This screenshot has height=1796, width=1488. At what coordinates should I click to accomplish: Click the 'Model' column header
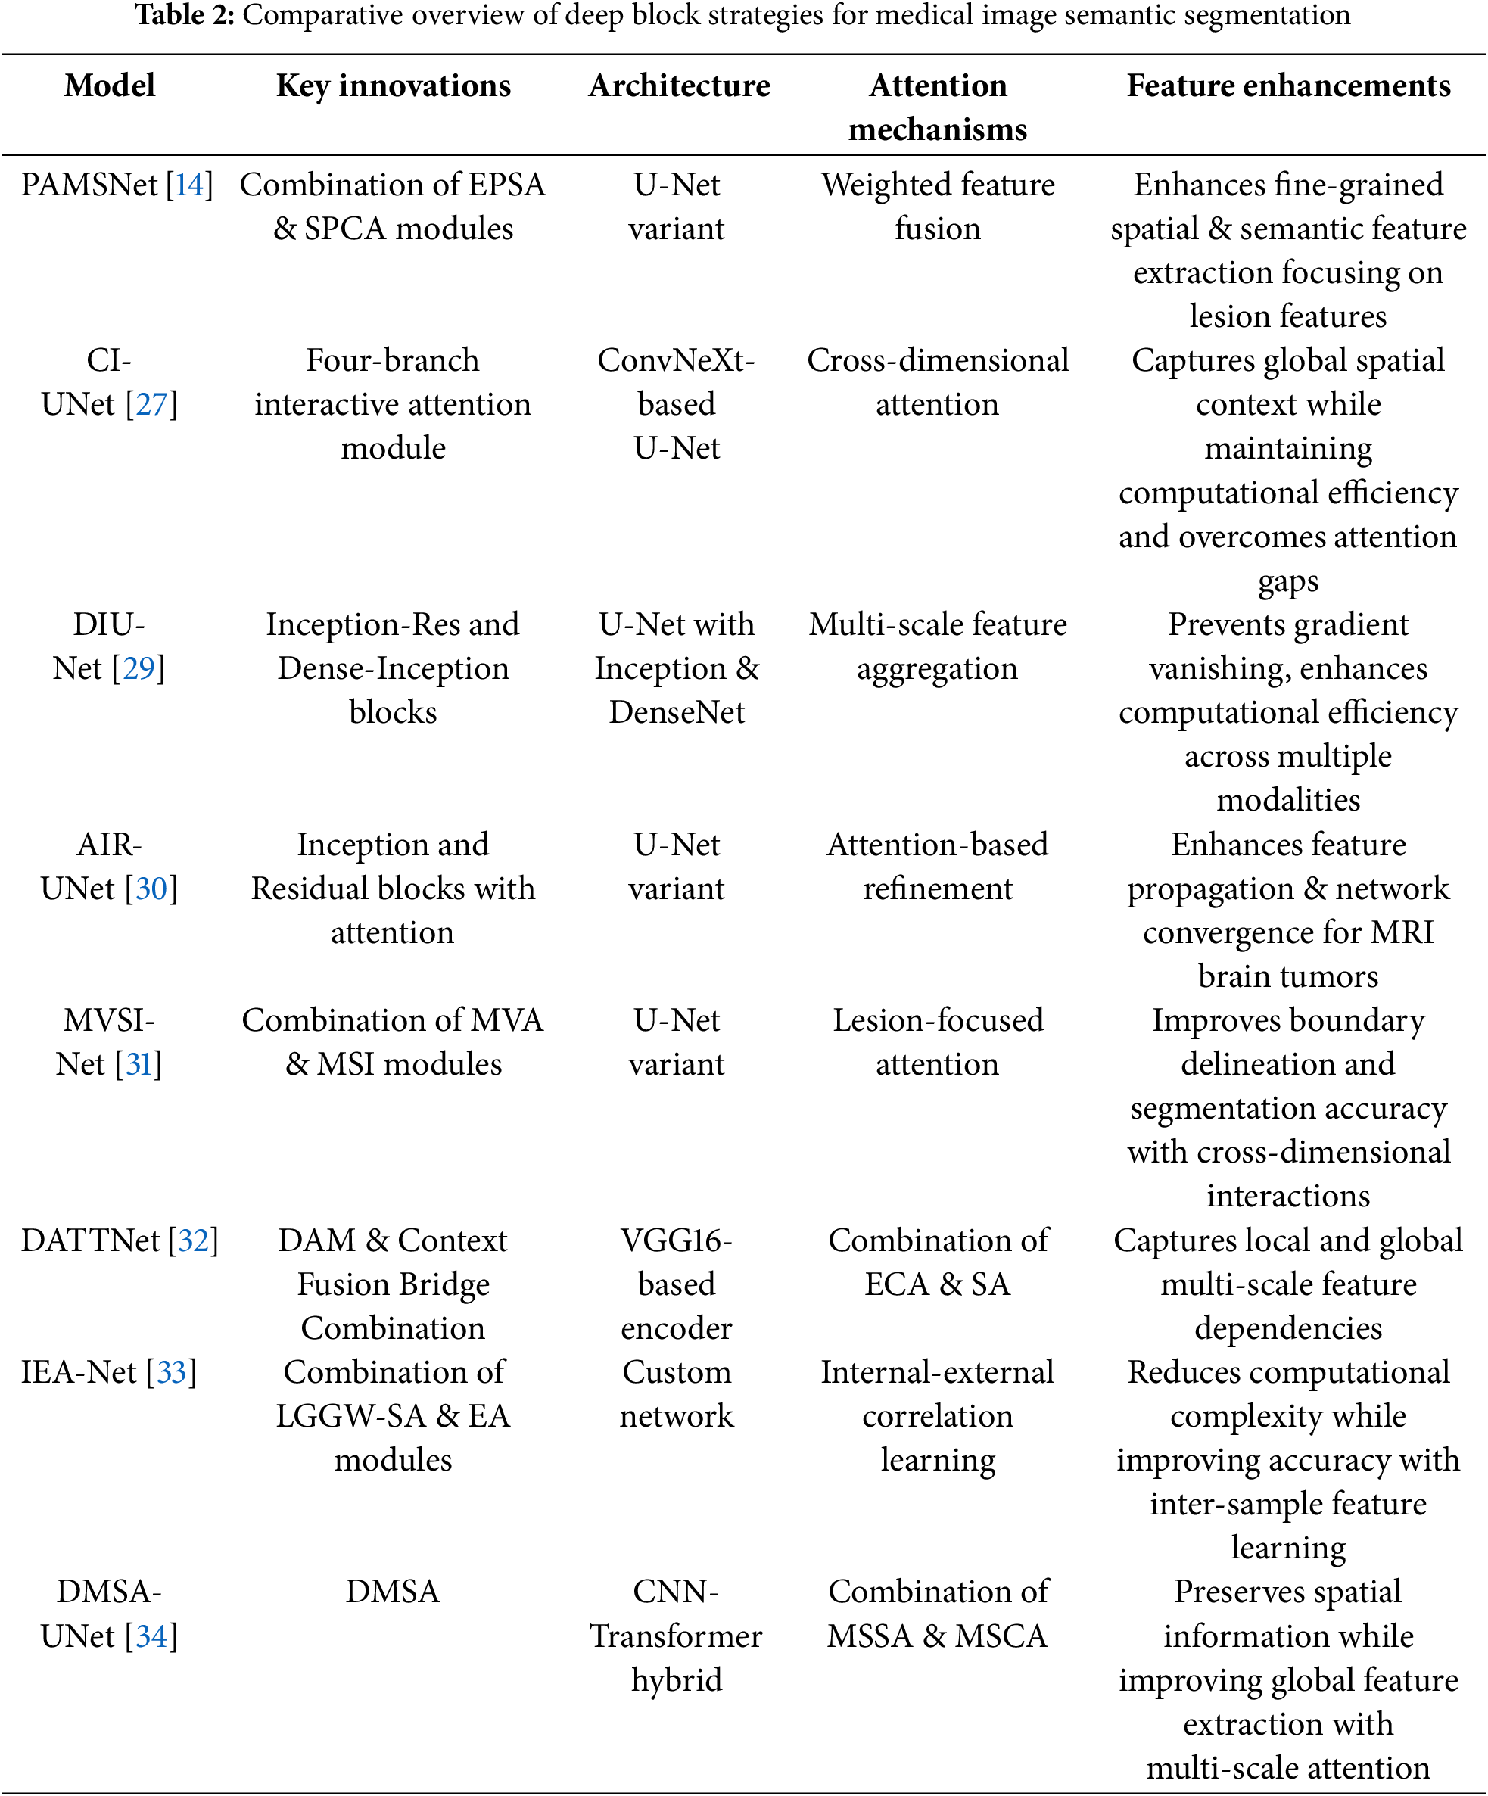[x=110, y=86]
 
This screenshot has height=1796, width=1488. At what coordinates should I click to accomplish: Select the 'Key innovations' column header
[x=394, y=86]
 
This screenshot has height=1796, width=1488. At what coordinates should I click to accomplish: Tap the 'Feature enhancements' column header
[x=1288, y=86]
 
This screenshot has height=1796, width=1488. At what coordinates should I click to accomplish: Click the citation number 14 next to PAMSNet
[x=189, y=185]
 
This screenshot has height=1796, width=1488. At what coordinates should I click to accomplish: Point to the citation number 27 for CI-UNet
[x=151, y=403]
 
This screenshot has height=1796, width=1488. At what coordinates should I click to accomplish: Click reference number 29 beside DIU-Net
[x=139, y=668]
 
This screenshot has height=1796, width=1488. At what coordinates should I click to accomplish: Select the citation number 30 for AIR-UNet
[x=151, y=889]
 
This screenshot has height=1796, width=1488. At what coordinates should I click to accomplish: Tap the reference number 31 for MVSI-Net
[x=139, y=1064]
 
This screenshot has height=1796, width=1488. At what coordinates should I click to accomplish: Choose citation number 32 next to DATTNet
[x=193, y=1240]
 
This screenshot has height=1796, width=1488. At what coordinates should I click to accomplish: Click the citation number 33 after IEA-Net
[x=171, y=1372]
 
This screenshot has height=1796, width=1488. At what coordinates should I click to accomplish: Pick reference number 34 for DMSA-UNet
[x=151, y=1636]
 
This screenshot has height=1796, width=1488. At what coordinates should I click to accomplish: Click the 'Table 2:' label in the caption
[x=184, y=15]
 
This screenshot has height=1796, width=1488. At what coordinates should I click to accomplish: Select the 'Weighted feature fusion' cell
[x=938, y=206]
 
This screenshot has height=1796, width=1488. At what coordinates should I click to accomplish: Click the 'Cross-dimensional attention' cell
[x=938, y=381]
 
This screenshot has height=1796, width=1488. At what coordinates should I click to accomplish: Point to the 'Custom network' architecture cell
[x=677, y=1394]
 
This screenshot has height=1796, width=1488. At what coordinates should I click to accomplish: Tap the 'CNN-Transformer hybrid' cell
[x=677, y=1636]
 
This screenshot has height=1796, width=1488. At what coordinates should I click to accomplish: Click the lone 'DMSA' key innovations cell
[x=393, y=1592]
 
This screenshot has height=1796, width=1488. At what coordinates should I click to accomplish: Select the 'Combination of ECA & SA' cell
[x=938, y=1262]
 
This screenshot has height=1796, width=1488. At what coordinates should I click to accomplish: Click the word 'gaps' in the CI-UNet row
[x=1288, y=581]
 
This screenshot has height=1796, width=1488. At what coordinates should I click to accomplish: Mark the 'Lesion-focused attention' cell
[x=938, y=1041]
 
